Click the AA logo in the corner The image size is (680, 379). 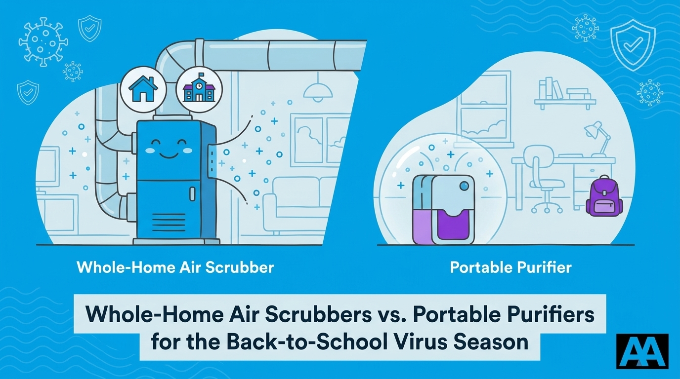642,351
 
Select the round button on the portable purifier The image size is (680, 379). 464,186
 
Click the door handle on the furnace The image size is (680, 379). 192,194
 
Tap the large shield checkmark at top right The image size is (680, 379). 633,45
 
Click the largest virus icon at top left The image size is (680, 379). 43,41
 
